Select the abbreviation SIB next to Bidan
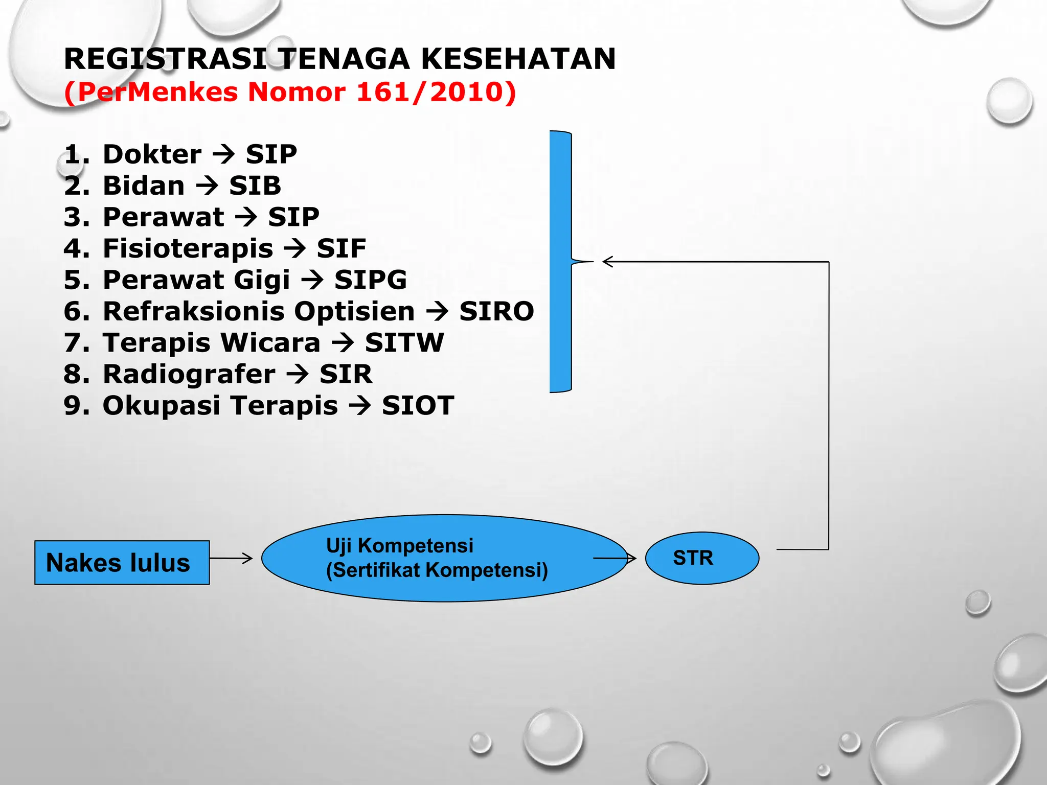tap(255, 186)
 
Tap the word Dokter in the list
tap(152, 154)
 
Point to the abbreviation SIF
tap(341, 249)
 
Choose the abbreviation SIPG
tap(370, 280)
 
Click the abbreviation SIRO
tap(496, 311)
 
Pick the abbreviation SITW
tap(404, 342)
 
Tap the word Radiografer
tap(189, 374)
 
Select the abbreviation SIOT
tap(418, 406)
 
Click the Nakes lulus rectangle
tap(122, 562)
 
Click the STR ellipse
tap(702, 558)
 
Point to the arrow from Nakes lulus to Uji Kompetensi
tap(231, 558)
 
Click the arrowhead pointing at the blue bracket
tap(607, 262)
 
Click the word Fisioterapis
tap(188, 249)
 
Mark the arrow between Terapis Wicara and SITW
tap(343, 342)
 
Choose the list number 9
tap(76, 406)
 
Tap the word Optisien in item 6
tap(354, 311)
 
